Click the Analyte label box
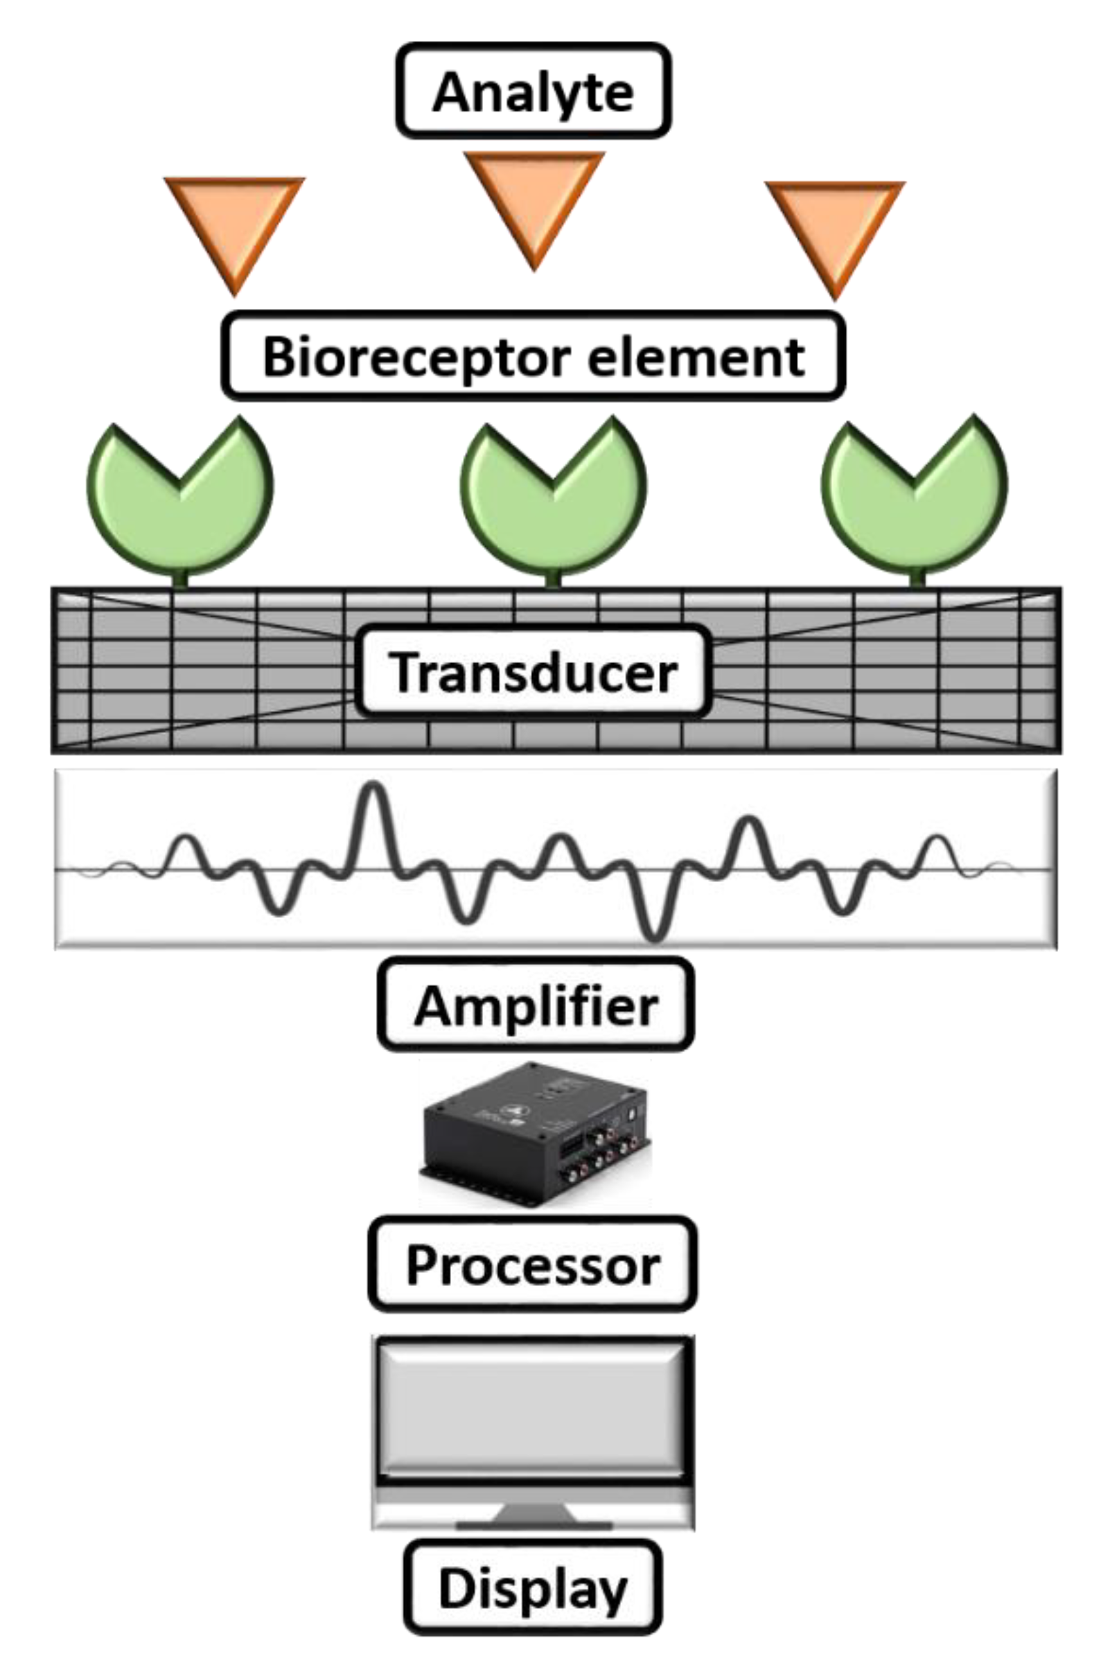(x=533, y=91)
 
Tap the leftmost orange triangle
(x=234, y=221)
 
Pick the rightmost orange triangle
(x=835, y=225)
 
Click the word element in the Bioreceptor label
(x=695, y=358)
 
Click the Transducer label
(x=533, y=673)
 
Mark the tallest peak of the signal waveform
(x=373, y=790)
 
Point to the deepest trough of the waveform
(x=653, y=934)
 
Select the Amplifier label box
(x=535, y=1005)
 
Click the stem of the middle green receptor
(x=554, y=579)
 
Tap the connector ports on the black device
(x=604, y=1152)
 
